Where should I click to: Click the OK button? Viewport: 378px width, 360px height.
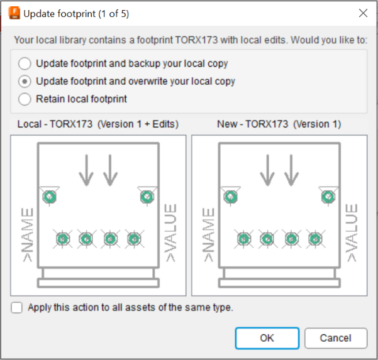[x=267, y=338]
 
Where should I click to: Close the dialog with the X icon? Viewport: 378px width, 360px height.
[x=363, y=13]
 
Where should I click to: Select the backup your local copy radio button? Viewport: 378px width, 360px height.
[x=25, y=63]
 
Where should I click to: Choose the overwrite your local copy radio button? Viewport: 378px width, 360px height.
[x=25, y=82]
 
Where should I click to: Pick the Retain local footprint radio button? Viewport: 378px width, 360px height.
[x=25, y=99]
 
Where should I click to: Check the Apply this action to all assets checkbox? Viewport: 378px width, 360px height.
[x=16, y=307]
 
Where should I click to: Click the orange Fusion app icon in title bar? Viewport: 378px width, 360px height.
[x=14, y=13]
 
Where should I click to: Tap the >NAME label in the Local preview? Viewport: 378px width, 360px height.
[x=27, y=235]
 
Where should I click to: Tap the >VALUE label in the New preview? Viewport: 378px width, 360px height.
[x=352, y=233]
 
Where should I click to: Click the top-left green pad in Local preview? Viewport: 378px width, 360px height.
[x=50, y=197]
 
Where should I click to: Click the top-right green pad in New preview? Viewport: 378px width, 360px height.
[x=328, y=197]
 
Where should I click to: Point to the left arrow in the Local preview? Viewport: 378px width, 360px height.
[x=86, y=170]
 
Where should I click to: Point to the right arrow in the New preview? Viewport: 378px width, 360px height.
[x=291, y=170]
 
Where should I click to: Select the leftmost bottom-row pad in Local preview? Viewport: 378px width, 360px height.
[x=63, y=239]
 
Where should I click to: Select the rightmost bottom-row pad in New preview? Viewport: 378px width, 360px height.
[x=315, y=239]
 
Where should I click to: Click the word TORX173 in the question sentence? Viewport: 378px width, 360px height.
[x=196, y=40]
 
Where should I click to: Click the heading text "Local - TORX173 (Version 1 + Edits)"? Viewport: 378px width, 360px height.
[x=98, y=124]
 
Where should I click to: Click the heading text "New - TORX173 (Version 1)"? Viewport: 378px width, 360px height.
[x=279, y=124]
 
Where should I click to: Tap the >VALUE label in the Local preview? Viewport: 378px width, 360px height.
[x=170, y=233]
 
